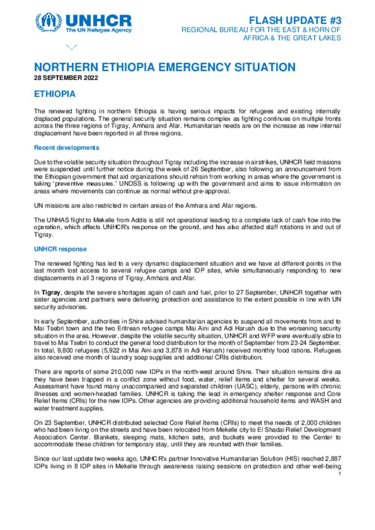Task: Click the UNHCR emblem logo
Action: [x=48, y=22]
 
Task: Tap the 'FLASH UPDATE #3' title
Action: [x=295, y=20]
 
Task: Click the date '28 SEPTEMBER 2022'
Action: [x=66, y=78]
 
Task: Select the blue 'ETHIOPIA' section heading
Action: [x=55, y=94]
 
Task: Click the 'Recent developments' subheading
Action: [x=66, y=148]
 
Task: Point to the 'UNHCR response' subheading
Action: [x=60, y=249]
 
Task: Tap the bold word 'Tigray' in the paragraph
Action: [x=51, y=293]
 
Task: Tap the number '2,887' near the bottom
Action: [x=333, y=459]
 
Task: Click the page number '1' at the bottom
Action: [x=340, y=474]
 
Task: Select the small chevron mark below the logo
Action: [x=71, y=47]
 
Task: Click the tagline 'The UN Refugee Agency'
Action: [x=99, y=30]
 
